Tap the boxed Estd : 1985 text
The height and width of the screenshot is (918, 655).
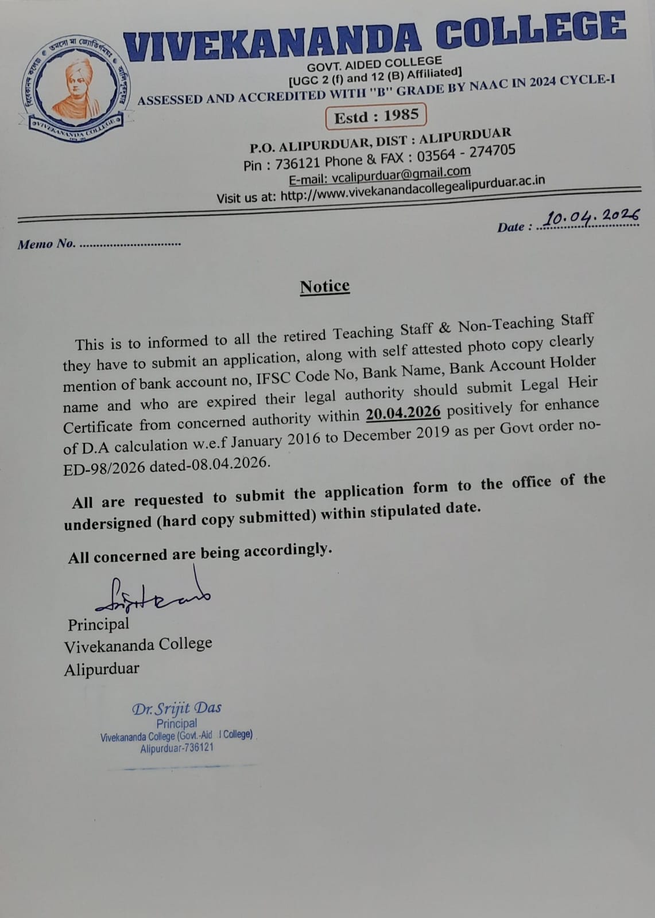click(376, 116)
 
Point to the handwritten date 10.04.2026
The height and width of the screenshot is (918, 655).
click(591, 217)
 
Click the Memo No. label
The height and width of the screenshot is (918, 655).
click(46, 244)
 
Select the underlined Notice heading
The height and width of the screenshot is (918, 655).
click(324, 286)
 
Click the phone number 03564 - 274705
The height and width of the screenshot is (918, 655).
click(466, 153)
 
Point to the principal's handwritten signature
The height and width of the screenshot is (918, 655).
click(152, 594)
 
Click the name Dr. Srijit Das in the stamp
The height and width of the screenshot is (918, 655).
click(177, 708)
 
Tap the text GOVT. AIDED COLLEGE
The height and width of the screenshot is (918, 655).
click(374, 63)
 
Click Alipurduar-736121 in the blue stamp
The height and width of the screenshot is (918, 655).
click(176, 748)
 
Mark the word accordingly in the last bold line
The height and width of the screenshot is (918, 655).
click(288, 550)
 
